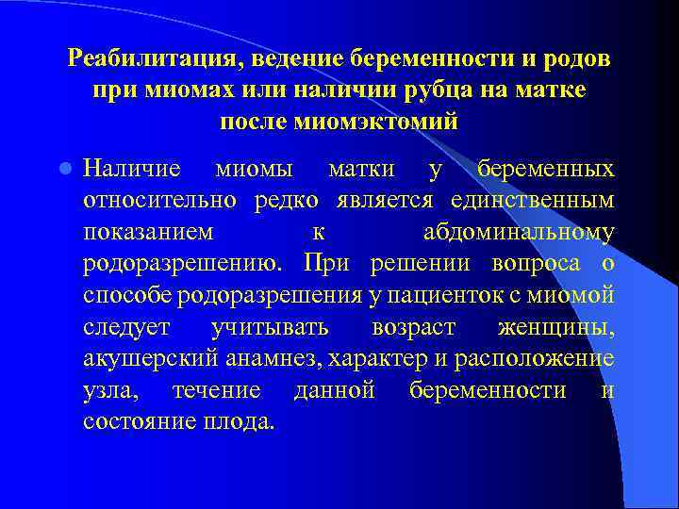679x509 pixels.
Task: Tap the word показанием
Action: point(147,233)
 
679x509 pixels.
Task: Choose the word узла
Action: point(107,390)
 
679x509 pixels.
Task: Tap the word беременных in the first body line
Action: point(546,170)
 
